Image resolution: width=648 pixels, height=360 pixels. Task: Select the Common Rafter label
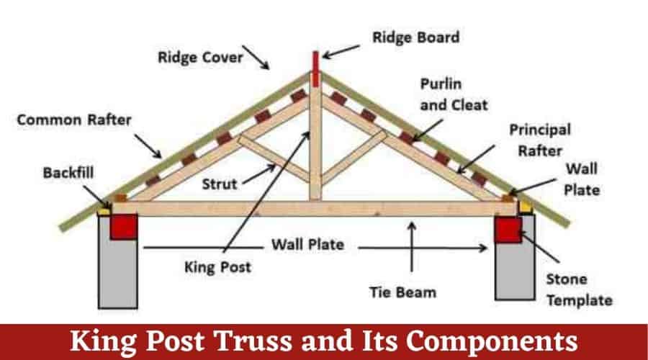pyautogui.click(x=75, y=120)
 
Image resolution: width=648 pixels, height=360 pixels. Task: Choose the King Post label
pyautogui.click(x=217, y=267)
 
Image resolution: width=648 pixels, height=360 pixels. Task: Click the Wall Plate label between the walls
pyautogui.click(x=307, y=244)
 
